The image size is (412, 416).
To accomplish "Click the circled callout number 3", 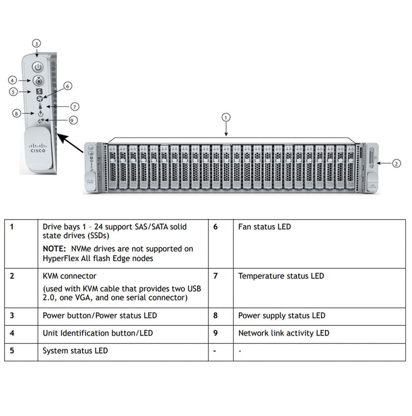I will (36, 43).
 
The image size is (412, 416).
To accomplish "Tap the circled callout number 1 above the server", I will (226, 117).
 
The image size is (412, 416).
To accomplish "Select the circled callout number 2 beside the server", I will (396, 163).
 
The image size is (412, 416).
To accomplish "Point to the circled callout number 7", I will (75, 107).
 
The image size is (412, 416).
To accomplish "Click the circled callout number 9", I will (73, 120).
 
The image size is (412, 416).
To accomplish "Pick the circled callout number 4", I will (13, 80).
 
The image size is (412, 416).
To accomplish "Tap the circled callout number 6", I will (67, 86).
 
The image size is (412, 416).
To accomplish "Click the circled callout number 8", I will (17, 113).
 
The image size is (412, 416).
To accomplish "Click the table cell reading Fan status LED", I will (265, 227).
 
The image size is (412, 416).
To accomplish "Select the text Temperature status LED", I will (281, 276).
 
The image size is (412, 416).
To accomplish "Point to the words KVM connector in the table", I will (70, 276).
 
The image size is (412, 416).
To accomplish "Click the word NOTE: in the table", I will (55, 248).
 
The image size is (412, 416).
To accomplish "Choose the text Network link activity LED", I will (284, 333).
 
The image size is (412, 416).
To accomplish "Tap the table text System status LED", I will (75, 351).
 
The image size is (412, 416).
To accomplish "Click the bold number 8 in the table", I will (215, 315).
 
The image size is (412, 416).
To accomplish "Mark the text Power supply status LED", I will (282, 315).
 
